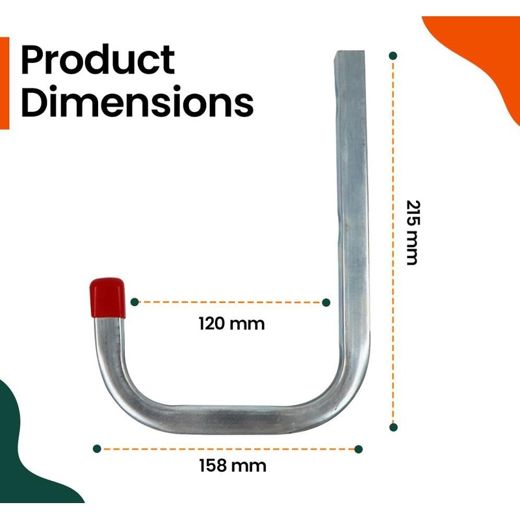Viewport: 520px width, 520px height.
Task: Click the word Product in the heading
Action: tap(97, 61)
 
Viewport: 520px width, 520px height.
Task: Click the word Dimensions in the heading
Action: tap(136, 102)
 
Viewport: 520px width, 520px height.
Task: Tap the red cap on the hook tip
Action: tap(107, 297)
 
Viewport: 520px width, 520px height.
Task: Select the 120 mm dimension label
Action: tap(232, 323)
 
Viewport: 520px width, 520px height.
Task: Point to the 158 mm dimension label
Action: tap(232, 465)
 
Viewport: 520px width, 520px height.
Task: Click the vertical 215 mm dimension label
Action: tap(411, 232)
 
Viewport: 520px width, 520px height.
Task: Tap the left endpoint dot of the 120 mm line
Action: tap(135, 302)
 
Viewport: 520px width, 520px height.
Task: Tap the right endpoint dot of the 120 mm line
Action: tap(326, 302)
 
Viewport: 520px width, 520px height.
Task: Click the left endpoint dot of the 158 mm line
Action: tap(97, 448)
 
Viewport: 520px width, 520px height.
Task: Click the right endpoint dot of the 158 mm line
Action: tap(358, 448)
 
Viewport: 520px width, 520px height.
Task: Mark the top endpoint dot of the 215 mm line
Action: tap(393, 56)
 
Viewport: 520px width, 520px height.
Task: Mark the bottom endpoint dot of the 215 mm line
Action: tap(393, 427)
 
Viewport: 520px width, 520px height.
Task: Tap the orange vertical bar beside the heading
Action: tap(5, 83)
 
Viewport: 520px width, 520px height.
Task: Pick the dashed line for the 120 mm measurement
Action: tap(231, 302)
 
